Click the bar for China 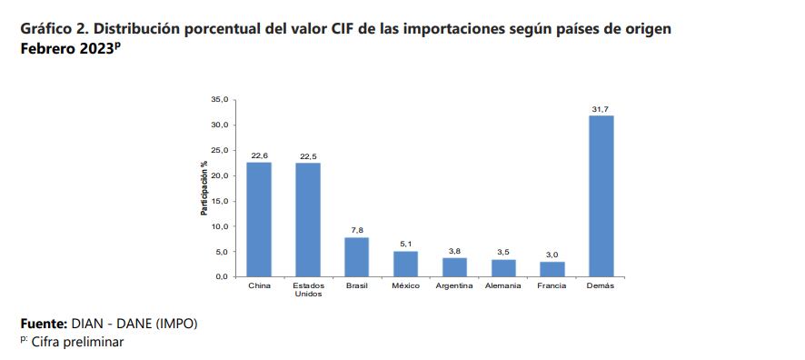pyautogui.click(x=259, y=219)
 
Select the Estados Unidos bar pyautogui.click(x=308, y=219)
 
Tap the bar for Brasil pyautogui.click(x=356, y=256)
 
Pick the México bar pyautogui.click(x=405, y=264)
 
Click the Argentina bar pyautogui.click(x=454, y=267)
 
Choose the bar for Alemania pyautogui.click(x=503, y=268)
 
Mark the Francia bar pyautogui.click(x=552, y=269)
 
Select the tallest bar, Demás pyautogui.click(x=601, y=195)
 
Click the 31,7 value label pyautogui.click(x=601, y=109)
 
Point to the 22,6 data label pyautogui.click(x=259, y=155)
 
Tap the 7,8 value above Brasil pyautogui.click(x=356, y=231)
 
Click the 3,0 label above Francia pyautogui.click(x=552, y=255)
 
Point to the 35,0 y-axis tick pyautogui.click(x=219, y=99)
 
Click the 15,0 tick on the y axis pyautogui.click(x=219, y=201)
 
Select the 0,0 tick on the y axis pyautogui.click(x=221, y=277)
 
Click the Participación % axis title pyautogui.click(x=205, y=188)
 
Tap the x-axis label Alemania pyautogui.click(x=503, y=286)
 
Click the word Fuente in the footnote pyautogui.click(x=44, y=324)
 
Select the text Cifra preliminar pyautogui.click(x=77, y=342)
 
